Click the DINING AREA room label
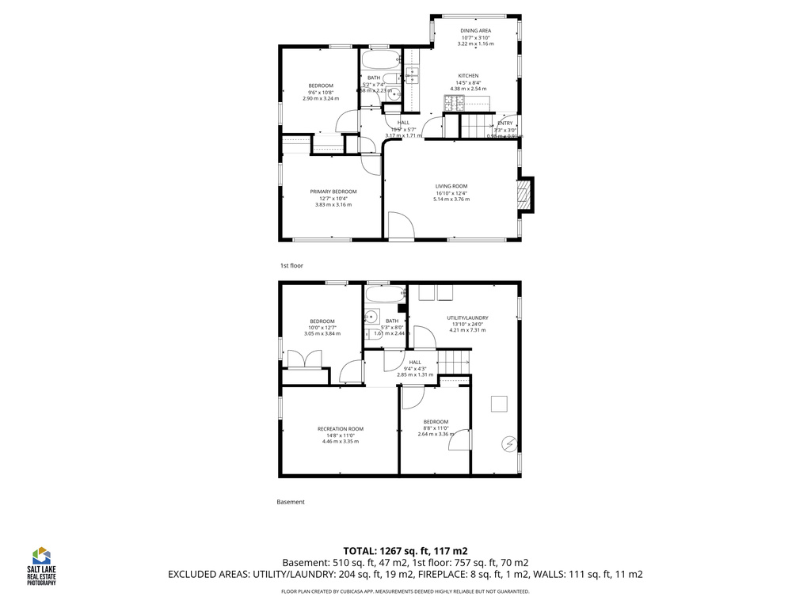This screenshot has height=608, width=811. click(x=476, y=31)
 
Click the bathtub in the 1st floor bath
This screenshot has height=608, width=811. click(x=380, y=60)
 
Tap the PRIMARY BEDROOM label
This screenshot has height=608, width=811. click(x=333, y=192)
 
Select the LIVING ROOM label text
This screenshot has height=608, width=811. click(x=451, y=186)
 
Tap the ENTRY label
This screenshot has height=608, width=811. click(x=505, y=123)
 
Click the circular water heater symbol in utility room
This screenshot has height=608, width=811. click(x=508, y=444)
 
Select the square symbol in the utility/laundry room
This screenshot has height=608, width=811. click(x=499, y=404)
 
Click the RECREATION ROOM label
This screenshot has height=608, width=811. click(x=341, y=429)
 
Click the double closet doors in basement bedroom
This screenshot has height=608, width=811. click(x=305, y=359)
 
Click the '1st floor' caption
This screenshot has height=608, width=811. click(x=291, y=266)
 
